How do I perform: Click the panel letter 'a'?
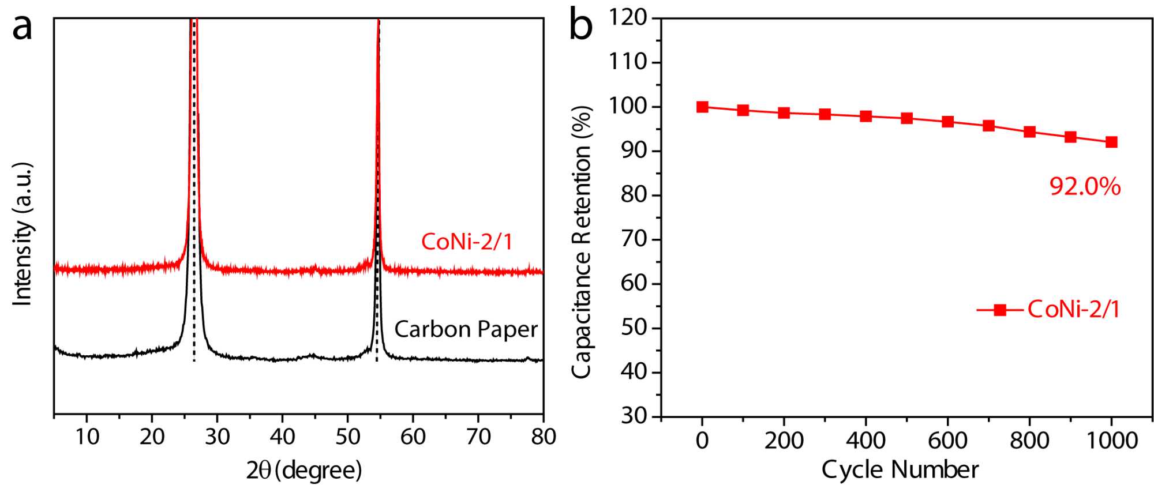click(22, 28)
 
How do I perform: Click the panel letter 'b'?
click(581, 27)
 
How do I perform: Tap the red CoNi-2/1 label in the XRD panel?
click(467, 241)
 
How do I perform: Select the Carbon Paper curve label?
click(466, 329)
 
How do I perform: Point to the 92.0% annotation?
click(1085, 186)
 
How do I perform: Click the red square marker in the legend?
click(1000, 310)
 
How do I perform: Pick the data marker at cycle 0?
click(702, 107)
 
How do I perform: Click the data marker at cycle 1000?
click(1111, 142)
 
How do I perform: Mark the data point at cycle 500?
click(906, 118)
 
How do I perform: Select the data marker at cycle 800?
click(1029, 131)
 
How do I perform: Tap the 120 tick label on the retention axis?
click(628, 17)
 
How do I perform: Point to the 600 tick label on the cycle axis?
click(947, 441)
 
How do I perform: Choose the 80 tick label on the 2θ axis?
click(544, 437)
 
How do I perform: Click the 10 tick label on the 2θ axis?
click(87, 437)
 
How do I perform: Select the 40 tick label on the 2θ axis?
click(282, 437)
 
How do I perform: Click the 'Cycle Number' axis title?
click(900, 469)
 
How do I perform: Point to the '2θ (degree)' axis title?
click(304, 470)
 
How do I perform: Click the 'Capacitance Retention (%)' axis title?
click(582, 242)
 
